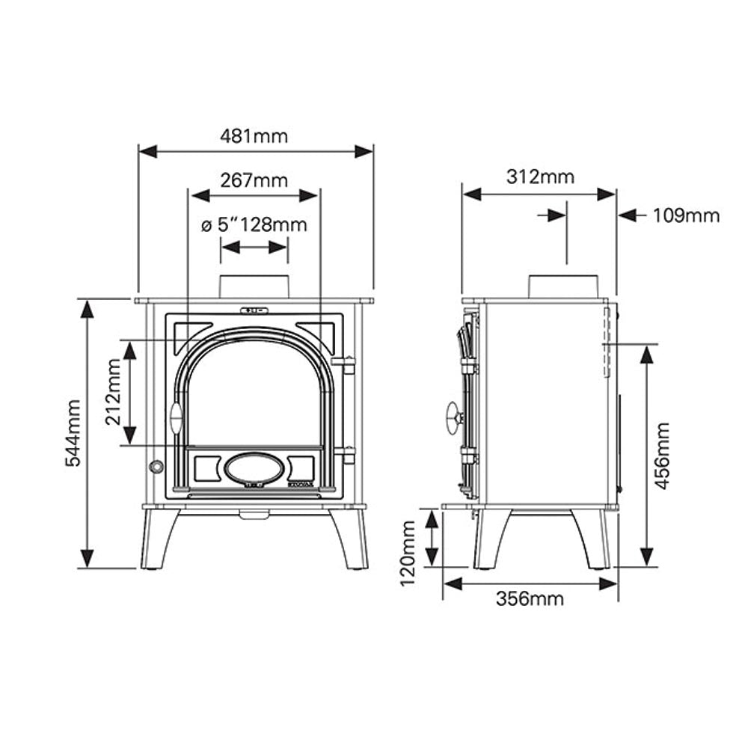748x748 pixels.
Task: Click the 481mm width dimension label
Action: (254, 136)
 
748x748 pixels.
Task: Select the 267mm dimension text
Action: (254, 181)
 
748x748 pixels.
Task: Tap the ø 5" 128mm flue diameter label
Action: (254, 224)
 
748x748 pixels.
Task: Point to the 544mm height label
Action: (73, 433)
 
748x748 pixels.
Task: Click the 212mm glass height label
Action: (114, 392)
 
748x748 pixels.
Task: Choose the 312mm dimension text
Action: (541, 177)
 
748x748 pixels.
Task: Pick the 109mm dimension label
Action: (686, 215)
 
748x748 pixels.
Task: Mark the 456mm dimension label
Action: (662, 456)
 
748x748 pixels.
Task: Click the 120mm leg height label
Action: (408, 554)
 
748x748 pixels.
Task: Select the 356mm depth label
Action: (530, 598)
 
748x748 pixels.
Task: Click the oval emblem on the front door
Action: (254, 468)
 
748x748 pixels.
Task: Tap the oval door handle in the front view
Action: (176, 418)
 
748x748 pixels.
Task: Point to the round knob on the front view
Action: (156, 467)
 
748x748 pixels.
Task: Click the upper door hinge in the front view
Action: (344, 364)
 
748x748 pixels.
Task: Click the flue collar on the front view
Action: (254, 287)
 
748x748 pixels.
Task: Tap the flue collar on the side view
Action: (563, 287)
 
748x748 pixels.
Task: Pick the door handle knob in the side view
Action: (454, 418)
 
